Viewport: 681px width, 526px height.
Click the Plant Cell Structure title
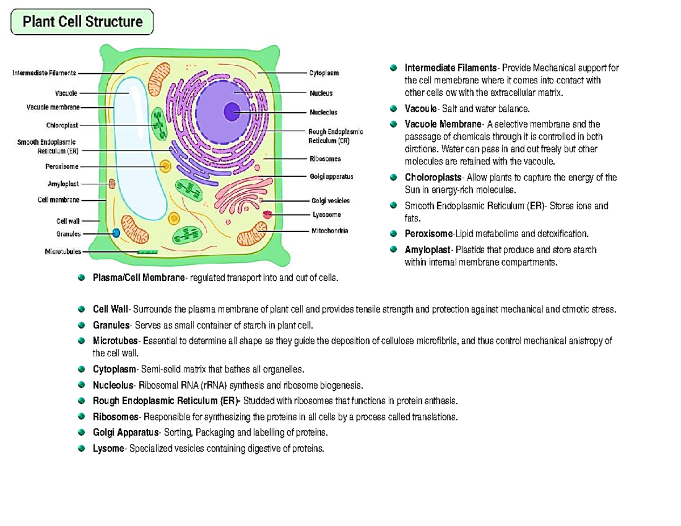82,22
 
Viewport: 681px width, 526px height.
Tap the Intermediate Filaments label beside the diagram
44,73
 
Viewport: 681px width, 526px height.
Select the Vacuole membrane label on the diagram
53,107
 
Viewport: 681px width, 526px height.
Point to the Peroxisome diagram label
61,167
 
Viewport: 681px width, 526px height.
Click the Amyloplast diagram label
62,184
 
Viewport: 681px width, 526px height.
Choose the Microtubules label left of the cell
62,251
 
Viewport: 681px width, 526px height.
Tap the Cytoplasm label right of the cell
324,73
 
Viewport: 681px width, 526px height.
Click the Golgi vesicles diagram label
330,200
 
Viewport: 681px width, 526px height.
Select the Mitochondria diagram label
329,231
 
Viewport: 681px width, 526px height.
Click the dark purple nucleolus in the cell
232,112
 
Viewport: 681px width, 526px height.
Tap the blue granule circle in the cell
116,233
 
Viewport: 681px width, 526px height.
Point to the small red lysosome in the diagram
267,215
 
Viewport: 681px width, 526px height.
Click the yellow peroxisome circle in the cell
165,166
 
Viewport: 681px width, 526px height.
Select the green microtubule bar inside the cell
148,251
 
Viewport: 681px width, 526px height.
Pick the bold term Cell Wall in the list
111,310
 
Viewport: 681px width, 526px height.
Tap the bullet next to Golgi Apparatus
82,433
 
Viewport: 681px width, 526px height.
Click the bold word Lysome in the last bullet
108,449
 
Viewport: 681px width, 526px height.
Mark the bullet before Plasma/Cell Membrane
82,278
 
